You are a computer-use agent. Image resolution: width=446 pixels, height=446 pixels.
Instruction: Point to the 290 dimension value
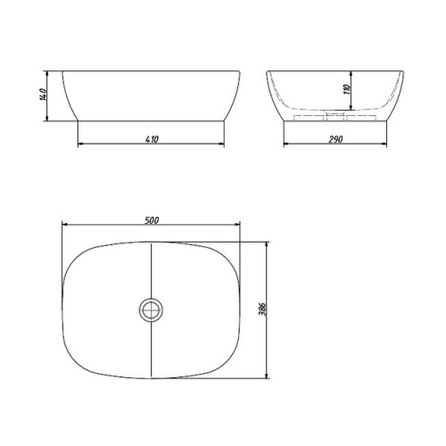tap(336, 138)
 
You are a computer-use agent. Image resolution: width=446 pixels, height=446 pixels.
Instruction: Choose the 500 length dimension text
tap(152, 220)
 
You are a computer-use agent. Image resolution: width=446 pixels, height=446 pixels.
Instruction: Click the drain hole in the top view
tap(152, 310)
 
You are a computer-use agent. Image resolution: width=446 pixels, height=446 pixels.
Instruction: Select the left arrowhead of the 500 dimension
tap(65, 227)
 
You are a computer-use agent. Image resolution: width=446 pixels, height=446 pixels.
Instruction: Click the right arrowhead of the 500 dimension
tap(239, 227)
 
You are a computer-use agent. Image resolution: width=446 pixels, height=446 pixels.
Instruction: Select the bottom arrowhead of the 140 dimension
tap(49, 115)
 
